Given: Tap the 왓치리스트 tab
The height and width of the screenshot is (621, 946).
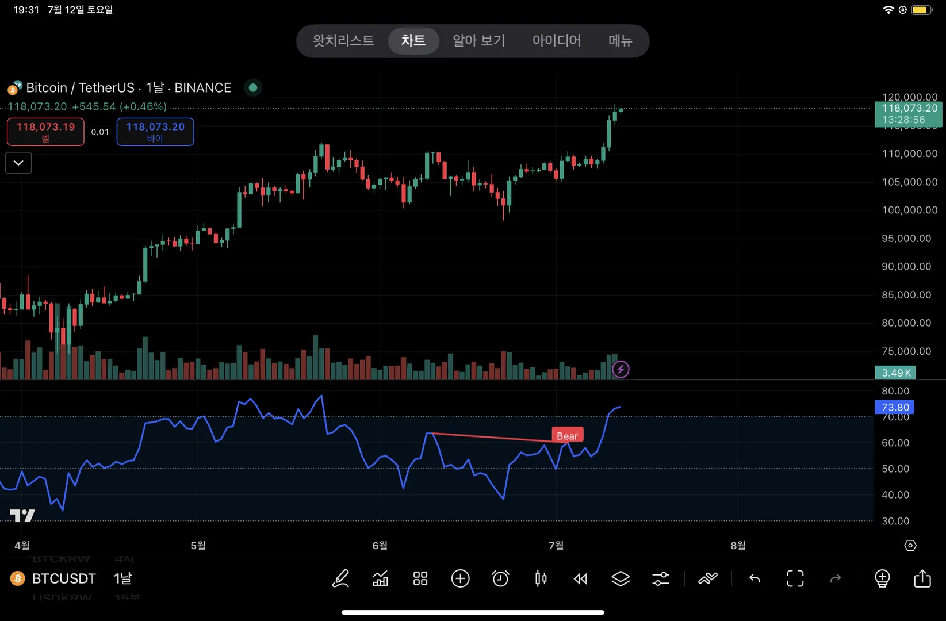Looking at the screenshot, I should (343, 41).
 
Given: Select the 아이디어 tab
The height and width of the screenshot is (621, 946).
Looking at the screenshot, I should (556, 41).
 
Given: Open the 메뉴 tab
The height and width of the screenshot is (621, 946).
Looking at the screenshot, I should (620, 41).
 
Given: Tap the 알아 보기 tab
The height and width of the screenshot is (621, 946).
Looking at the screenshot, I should (478, 41).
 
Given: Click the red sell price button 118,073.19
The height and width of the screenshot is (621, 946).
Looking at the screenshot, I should (45, 132).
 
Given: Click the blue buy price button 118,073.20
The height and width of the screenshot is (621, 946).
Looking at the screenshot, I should (155, 132).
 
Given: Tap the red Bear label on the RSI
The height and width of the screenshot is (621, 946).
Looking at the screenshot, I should (567, 436).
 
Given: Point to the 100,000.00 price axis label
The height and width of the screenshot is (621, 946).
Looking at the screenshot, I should (909, 210).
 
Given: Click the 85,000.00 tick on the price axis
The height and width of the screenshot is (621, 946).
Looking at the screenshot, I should (906, 295).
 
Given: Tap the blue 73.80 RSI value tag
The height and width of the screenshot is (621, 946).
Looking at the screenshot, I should (895, 407).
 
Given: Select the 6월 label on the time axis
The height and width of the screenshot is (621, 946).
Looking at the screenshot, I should (380, 545).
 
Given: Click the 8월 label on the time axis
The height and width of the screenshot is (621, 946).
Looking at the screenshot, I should (737, 545).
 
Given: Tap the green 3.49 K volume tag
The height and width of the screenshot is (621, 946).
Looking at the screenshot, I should (895, 373).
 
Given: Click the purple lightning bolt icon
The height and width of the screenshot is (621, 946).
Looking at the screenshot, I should (621, 369).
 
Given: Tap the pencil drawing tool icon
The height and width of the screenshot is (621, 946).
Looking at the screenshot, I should (340, 578).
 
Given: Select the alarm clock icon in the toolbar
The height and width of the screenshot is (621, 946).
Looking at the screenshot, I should (500, 578).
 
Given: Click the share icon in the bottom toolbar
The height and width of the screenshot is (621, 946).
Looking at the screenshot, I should (922, 578).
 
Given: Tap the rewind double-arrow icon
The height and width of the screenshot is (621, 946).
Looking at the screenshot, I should (580, 578).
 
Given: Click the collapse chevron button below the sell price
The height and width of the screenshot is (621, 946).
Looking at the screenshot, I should (18, 163).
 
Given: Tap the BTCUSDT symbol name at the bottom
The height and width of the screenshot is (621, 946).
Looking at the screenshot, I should (64, 578).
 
